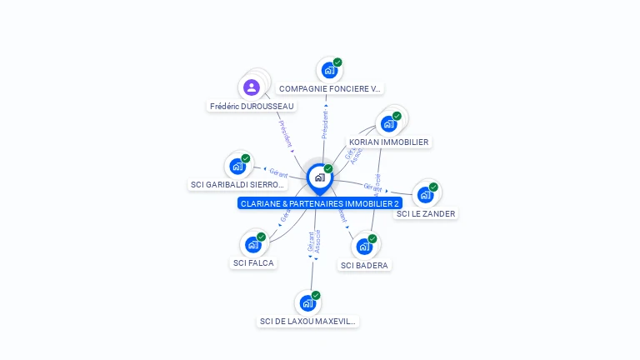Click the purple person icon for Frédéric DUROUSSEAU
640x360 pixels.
pyautogui.click(x=251, y=87)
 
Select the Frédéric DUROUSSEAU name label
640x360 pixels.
pyautogui.click(x=252, y=106)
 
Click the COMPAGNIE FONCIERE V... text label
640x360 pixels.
pyautogui.click(x=330, y=88)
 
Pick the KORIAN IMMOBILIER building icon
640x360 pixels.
pyautogui.click(x=387, y=124)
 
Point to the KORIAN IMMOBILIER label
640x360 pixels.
pyautogui.click(x=388, y=142)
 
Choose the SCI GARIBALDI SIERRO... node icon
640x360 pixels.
pyautogui.click(x=237, y=166)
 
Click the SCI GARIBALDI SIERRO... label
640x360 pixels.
pyautogui.click(x=237, y=185)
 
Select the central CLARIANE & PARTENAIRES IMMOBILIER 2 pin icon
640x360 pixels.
pyautogui.click(x=319, y=177)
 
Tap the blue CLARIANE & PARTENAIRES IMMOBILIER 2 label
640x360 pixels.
pyautogui.click(x=320, y=203)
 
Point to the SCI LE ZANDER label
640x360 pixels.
pyautogui.click(x=426, y=213)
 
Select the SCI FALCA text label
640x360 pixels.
pyautogui.click(x=252, y=263)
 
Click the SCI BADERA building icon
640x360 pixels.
pyautogui.click(x=363, y=247)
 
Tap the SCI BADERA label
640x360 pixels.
pyautogui.click(x=365, y=265)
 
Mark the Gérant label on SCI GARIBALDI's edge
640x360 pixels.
pyautogui.click(x=278, y=173)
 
